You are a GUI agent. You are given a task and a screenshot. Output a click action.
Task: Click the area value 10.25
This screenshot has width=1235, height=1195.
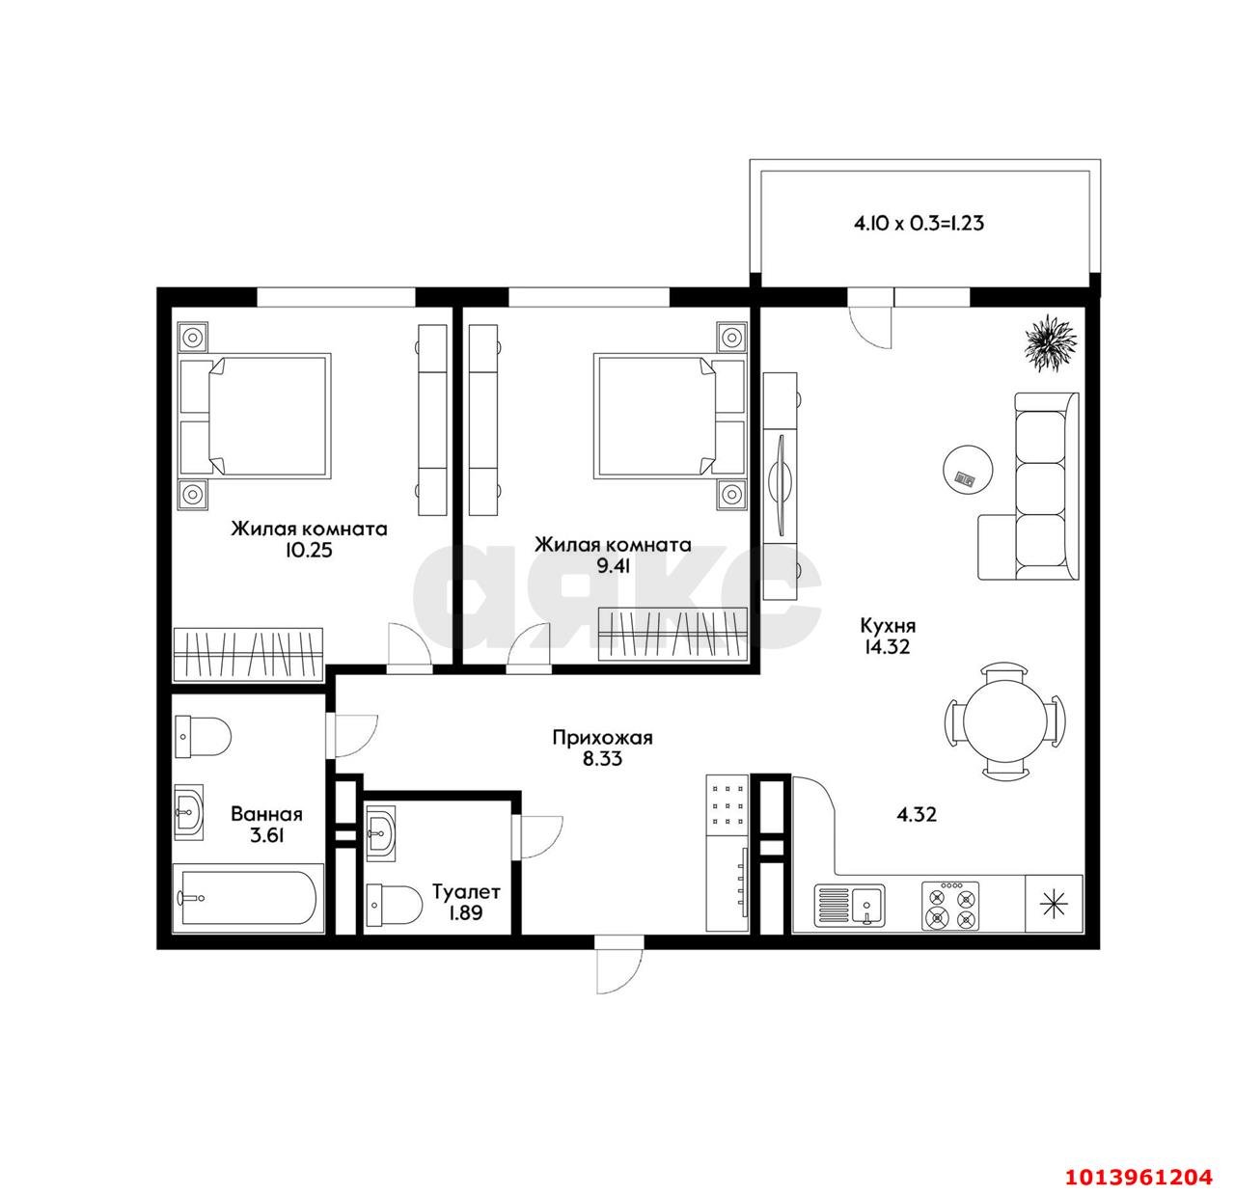coord(309,551)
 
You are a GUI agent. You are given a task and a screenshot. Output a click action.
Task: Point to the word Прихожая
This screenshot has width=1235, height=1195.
coord(602,738)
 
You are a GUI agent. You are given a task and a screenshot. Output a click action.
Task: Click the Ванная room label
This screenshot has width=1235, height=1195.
coord(266,814)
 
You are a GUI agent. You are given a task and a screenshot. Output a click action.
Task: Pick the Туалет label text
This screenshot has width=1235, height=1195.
coord(466,892)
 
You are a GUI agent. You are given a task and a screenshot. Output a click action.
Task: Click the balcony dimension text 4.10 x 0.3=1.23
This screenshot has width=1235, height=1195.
coord(919,223)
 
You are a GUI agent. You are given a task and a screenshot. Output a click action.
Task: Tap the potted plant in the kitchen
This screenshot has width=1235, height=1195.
coord(1051,343)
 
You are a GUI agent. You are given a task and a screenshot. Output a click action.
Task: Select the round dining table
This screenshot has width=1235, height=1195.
coord(1005,720)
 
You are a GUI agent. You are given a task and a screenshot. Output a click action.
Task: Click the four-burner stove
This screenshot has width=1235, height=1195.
coord(950,907)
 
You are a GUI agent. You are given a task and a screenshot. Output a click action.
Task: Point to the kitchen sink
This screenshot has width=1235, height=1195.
coord(849,905)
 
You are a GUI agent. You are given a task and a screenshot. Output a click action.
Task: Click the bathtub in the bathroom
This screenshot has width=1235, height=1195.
coord(248,898)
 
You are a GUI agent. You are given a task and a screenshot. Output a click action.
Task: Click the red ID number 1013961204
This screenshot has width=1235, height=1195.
coord(1139,1178)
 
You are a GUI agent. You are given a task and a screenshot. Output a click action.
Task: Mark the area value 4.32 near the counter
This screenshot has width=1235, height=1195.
coord(917,814)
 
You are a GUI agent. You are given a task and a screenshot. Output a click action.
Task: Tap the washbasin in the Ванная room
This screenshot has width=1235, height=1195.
coord(189,812)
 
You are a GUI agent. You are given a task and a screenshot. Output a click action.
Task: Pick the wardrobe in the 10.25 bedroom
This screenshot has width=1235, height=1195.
coord(248,655)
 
